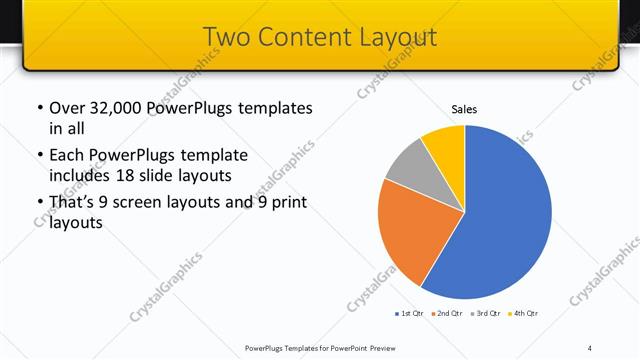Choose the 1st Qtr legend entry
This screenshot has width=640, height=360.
click(408, 314)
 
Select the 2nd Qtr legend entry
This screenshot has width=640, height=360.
click(445, 314)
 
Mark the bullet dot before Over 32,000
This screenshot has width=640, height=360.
click(39, 108)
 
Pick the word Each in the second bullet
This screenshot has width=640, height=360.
click(67, 155)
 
